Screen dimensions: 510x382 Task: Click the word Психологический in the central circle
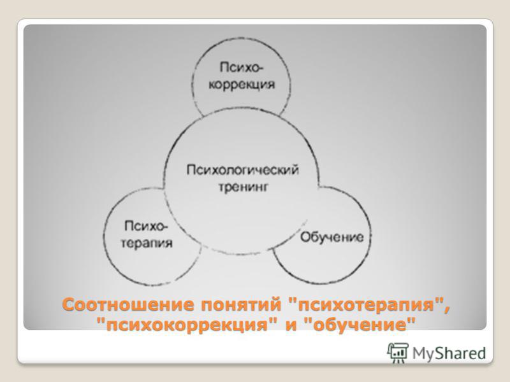point(243,170)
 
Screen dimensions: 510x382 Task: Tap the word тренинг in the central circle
point(243,187)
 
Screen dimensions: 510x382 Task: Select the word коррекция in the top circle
point(242,85)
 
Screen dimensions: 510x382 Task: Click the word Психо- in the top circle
point(242,67)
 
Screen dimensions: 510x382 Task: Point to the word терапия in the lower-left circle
point(147,243)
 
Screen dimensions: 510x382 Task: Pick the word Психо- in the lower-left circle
point(147,226)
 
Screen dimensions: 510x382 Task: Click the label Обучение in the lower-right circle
point(331,237)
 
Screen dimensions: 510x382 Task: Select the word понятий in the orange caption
point(241,306)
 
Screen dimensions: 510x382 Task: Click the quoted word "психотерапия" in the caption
point(366,306)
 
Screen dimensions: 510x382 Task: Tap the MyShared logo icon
point(398,353)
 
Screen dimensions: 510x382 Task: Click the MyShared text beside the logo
point(449,353)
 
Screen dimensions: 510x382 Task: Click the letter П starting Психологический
point(191,169)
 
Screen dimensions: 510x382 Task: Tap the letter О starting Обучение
point(305,237)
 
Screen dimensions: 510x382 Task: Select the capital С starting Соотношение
point(69,305)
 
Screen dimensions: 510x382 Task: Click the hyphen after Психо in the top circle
point(261,68)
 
